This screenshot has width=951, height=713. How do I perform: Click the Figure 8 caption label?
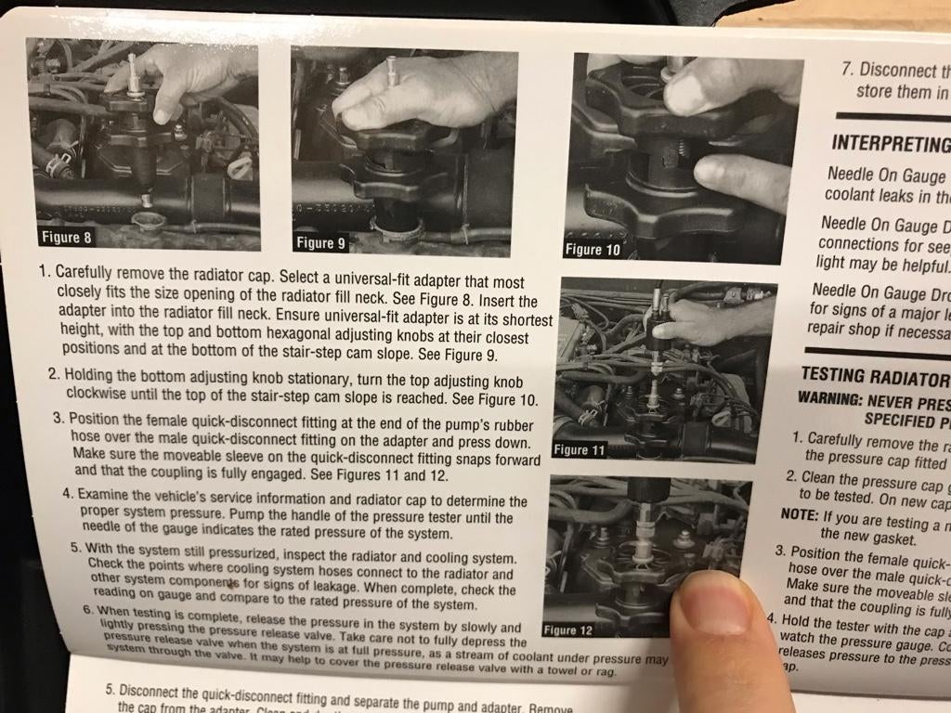tap(66, 237)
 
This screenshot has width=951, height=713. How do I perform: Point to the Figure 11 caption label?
tap(578, 450)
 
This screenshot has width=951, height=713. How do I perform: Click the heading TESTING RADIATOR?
tap(874, 377)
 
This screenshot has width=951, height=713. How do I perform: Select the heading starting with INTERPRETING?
tap(890, 144)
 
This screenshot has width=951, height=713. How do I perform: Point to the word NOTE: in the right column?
tap(799, 516)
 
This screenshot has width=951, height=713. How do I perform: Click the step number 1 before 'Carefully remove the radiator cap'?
tap(44, 273)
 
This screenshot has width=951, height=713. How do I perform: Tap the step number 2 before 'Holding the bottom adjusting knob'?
tap(54, 374)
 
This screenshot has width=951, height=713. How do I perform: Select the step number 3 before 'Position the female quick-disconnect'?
tap(59, 418)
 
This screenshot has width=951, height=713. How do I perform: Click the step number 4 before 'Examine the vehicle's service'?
tap(67, 494)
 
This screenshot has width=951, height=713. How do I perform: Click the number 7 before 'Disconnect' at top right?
tap(846, 69)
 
